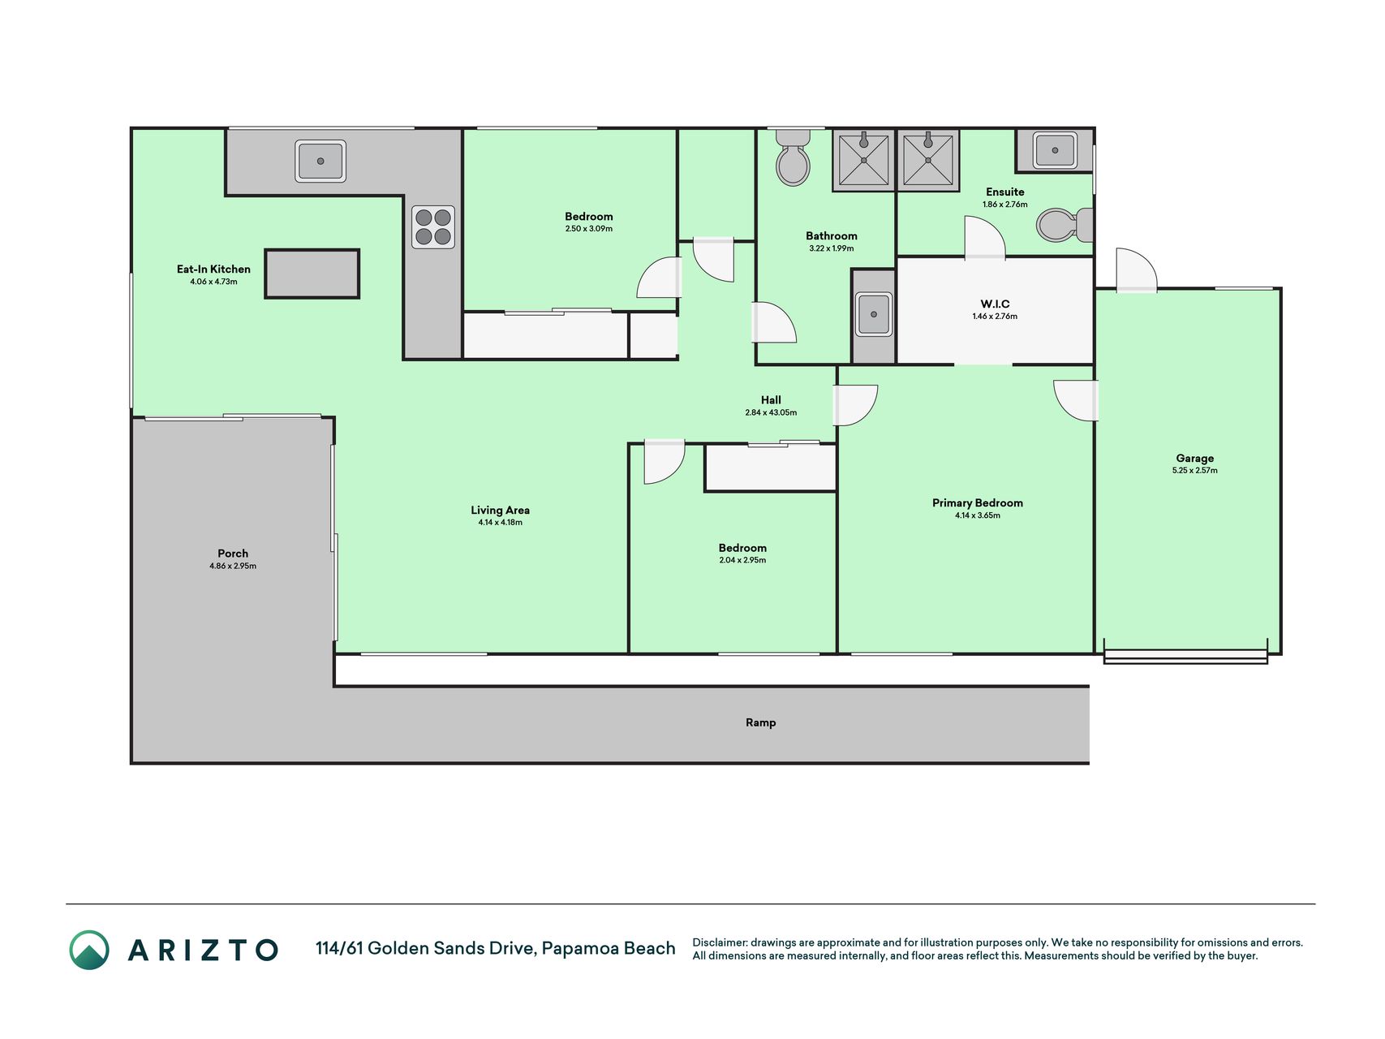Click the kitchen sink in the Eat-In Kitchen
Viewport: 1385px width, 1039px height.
coord(320,161)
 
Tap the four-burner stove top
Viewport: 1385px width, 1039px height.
coord(433,227)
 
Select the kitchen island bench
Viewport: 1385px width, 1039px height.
coord(312,274)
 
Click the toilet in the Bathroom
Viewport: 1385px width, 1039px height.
coord(793,157)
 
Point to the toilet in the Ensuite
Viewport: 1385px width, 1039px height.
coord(1065,225)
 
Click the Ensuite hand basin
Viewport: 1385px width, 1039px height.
coord(1055,150)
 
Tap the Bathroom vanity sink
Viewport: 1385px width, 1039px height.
coord(874,314)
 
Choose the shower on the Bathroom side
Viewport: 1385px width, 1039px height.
coord(863,160)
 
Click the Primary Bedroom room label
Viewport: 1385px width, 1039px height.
coord(978,503)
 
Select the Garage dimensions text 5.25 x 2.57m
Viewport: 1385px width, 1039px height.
coord(1195,471)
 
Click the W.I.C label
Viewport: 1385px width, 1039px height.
coord(995,304)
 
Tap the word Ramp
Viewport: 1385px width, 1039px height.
coord(761,722)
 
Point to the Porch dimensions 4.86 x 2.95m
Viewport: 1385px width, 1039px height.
coord(233,566)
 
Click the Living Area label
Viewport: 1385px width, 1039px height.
coord(501,511)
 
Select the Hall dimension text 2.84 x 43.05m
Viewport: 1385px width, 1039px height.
coord(771,412)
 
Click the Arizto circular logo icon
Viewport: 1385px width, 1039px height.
coord(89,950)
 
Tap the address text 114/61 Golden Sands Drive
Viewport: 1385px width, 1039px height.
coord(426,948)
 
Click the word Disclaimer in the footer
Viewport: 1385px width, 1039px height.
coord(719,942)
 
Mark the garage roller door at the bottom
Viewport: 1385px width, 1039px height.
coord(1185,656)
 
